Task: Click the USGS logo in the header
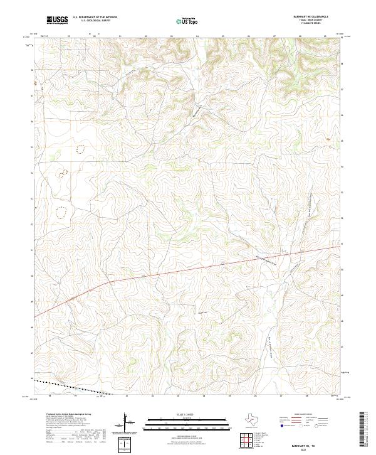click(x=58, y=21)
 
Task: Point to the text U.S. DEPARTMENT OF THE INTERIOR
click(x=95, y=18)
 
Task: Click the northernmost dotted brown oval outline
click(x=81, y=149)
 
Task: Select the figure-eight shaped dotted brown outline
click(x=63, y=173)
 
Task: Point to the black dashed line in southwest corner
click(x=69, y=387)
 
